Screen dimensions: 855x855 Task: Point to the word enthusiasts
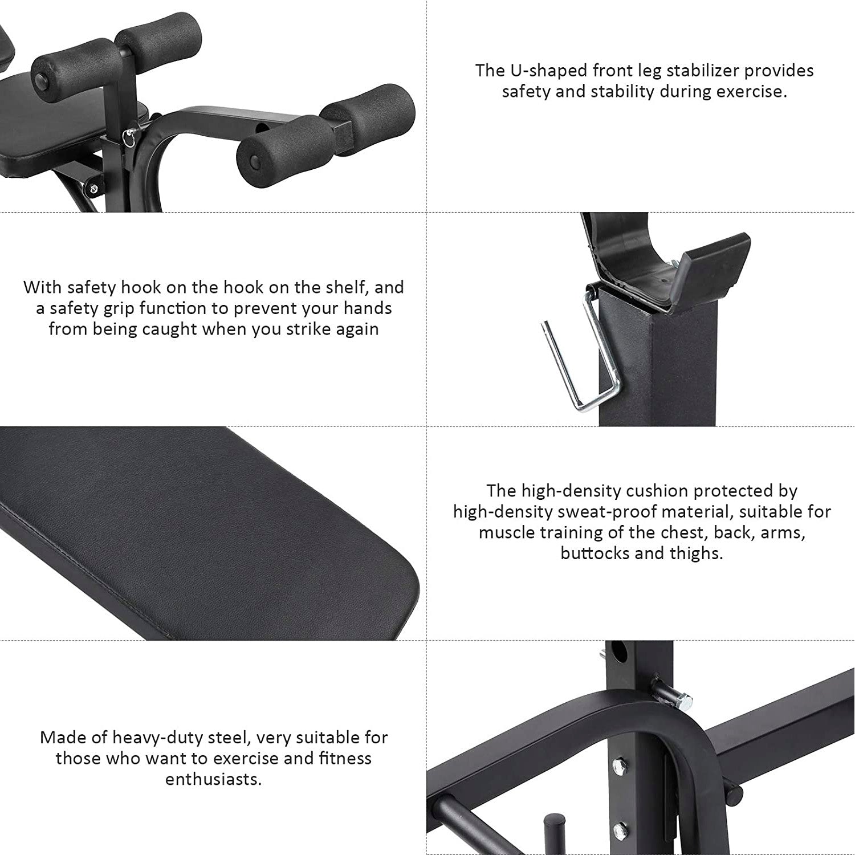[x=213, y=779]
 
